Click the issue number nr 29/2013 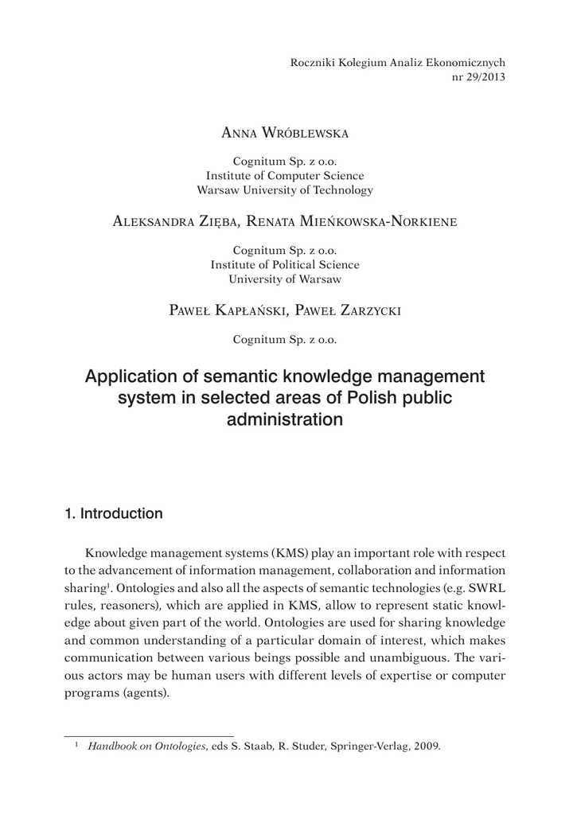coord(478,77)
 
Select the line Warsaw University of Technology coord(284,190)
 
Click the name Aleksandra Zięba coord(166,222)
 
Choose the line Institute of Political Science coord(284,264)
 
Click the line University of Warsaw coord(284,279)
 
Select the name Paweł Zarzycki coord(349,310)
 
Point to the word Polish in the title coord(371,397)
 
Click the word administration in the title coord(284,419)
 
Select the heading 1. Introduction coord(113,513)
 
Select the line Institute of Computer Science coord(284,176)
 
